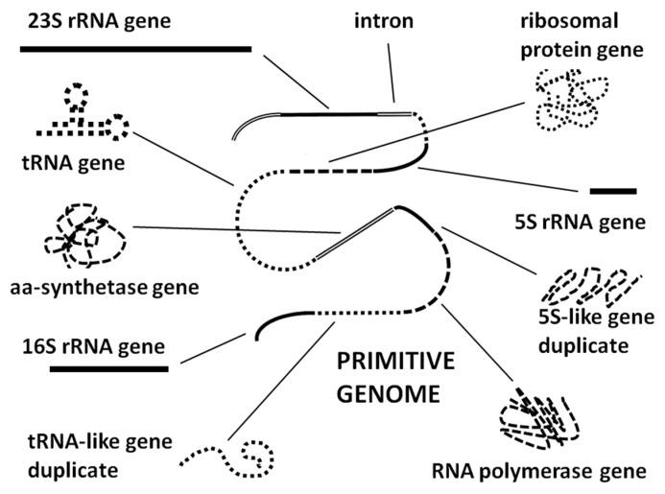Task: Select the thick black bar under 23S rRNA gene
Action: pos(135,47)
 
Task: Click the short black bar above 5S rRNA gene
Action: pos(613,191)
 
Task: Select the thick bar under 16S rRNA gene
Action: pos(108,367)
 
